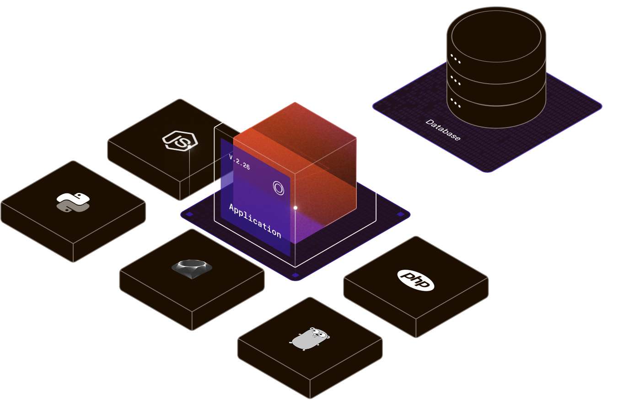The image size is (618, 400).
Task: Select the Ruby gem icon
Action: [x=192, y=267]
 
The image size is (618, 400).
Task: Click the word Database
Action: [x=443, y=130]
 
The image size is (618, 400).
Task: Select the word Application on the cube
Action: [x=255, y=221]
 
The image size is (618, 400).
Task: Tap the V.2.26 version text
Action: [x=239, y=162]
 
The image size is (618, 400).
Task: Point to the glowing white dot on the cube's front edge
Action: [x=296, y=208]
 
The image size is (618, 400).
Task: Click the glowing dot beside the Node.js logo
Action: [x=189, y=147]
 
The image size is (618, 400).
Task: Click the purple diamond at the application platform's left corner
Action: [x=188, y=214]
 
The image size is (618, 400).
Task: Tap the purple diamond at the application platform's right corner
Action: [x=401, y=214]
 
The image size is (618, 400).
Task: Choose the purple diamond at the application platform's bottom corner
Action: [x=295, y=275]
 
